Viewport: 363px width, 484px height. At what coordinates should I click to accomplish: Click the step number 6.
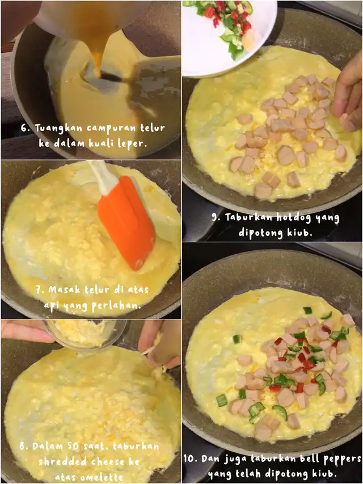pos(26,128)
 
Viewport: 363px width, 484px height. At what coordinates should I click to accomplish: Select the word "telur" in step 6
pos(153,128)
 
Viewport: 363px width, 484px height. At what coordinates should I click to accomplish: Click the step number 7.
pos(40,290)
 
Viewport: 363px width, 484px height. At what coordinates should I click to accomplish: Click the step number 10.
pos(191,458)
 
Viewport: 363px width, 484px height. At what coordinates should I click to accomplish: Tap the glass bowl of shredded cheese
pos(84,334)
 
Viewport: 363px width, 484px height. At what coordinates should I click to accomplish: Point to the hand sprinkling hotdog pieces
pos(349,92)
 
